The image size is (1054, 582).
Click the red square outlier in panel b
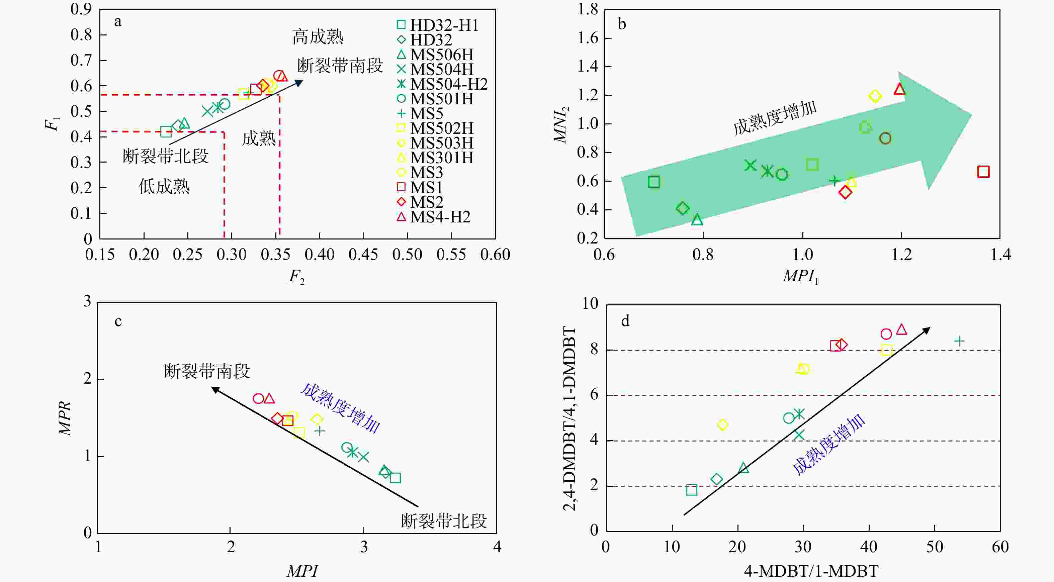(x=983, y=172)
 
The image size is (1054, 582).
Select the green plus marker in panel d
(x=959, y=341)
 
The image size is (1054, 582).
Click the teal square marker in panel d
(x=692, y=490)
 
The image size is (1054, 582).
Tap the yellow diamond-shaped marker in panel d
(x=723, y=425)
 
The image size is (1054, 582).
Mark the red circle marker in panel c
(x=258, y=398)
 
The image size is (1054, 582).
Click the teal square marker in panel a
(x=166, y=132)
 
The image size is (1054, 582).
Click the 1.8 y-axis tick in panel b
(x=588, y=9)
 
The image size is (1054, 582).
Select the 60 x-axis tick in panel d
(x=1000, y=547)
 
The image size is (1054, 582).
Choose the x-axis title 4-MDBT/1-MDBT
(x=811, y=571)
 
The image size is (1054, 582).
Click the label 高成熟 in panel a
(x=318, y=37)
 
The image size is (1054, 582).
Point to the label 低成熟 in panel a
(x=164, y=187)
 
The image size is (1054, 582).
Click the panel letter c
(x=118, y=321)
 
